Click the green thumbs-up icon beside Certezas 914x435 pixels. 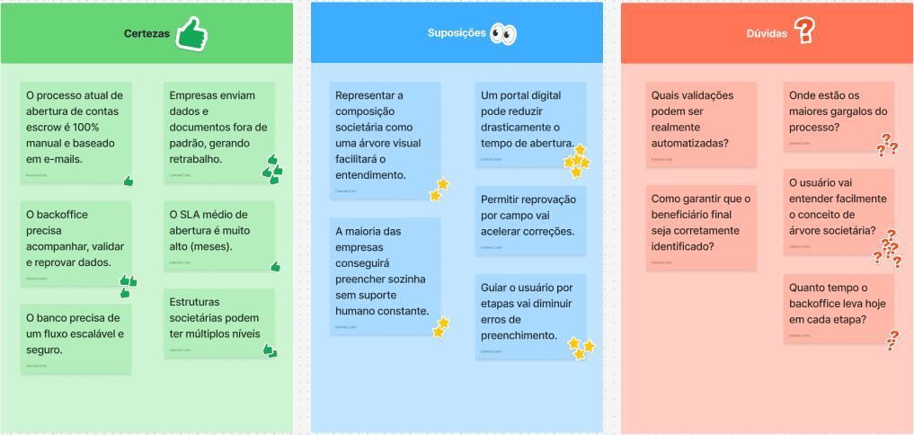pos(191,34)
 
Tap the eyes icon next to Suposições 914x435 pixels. pos(503,34)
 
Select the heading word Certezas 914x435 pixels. pos(146,34)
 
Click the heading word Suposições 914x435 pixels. pos(456,34)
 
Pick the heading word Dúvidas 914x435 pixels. pos(767,34)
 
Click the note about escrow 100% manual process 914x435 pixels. pos(75,126)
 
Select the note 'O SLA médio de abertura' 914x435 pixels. pos(219,234)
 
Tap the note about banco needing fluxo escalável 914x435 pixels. pos(75,337)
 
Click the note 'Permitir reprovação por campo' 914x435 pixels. pos(530,220)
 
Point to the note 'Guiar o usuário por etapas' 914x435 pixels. pos(530,315)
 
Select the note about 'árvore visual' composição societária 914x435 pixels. pos(385,139)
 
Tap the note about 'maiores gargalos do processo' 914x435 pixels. pos(839,115)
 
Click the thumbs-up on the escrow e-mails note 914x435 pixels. pos(129,181)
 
